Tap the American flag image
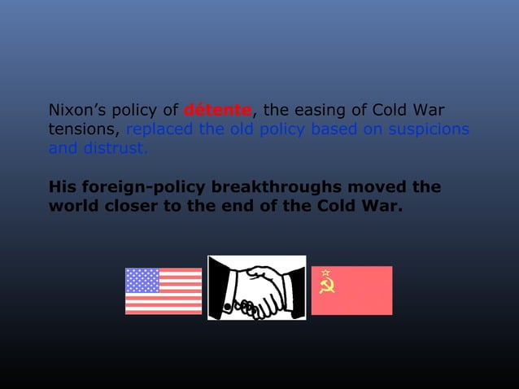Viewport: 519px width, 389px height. [164, 291]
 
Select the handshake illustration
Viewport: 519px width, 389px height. [256, 287]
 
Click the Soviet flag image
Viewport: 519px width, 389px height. [351, 290]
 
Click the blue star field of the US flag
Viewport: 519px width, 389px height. [143, 281]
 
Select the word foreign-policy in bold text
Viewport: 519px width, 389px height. [139, 187]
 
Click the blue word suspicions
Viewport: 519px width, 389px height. [427, 129]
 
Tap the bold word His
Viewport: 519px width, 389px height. [62, 187]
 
